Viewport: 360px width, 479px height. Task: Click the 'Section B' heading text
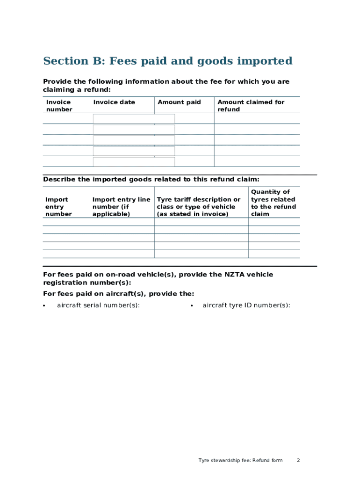pos(167,61)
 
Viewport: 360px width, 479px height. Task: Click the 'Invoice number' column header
pos(59,106)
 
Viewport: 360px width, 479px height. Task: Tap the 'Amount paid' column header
pos(179,102)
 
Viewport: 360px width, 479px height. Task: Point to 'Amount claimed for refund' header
pos(251,106)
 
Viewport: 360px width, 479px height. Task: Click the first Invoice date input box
pos(134,119)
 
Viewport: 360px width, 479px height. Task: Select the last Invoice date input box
pos(134,162)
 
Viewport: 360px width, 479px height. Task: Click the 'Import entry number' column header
pos(58,207)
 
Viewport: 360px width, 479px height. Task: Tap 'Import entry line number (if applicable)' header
pos(121,207)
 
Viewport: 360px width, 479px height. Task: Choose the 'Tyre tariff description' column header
pos(199,207)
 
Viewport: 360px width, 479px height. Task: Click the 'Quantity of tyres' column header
pos(273,203)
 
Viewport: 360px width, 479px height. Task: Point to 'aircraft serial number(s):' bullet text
pos(98,305)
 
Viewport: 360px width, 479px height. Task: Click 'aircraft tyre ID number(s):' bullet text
pos(246,305)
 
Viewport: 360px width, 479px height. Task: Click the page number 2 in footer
pos(298,461)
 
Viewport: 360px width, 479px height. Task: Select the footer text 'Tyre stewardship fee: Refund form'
pos(240,461)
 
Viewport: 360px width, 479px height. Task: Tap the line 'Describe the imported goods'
pos(151,179)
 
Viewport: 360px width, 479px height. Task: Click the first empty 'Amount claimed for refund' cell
pos(257,118)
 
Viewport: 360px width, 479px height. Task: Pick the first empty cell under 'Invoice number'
pos(66,118)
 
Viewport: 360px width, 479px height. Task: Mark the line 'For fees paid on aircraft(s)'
pos(118,294)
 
